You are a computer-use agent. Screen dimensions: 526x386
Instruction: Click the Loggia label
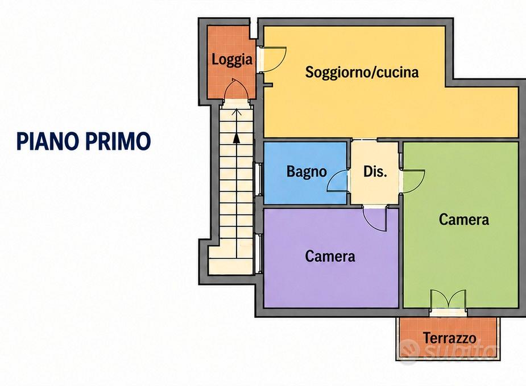(x=232, y=60)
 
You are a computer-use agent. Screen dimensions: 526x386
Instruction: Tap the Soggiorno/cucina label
(x=362, y=72)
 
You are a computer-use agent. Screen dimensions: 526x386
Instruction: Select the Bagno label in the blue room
(x=307, y=171)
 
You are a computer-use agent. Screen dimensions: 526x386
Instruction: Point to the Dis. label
(x=375, y=171)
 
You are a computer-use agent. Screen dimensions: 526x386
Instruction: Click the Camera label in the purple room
(x=330, y=257)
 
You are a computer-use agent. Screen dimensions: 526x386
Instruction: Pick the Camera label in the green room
(x=464, y=220)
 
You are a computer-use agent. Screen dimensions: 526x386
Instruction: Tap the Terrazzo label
(x=449, y=338)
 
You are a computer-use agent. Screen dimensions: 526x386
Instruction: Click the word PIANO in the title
(x=49, y=141)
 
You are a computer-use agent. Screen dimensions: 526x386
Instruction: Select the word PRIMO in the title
(x=119, y=141)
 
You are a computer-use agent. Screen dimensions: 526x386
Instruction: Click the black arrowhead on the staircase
(x=237, y=138)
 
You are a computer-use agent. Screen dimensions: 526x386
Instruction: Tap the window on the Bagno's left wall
(x=258, y=179)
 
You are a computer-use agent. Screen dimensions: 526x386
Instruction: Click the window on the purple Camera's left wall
(x=258, y=253)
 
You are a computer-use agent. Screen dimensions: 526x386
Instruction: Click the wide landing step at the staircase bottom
(x=230, y=266)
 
